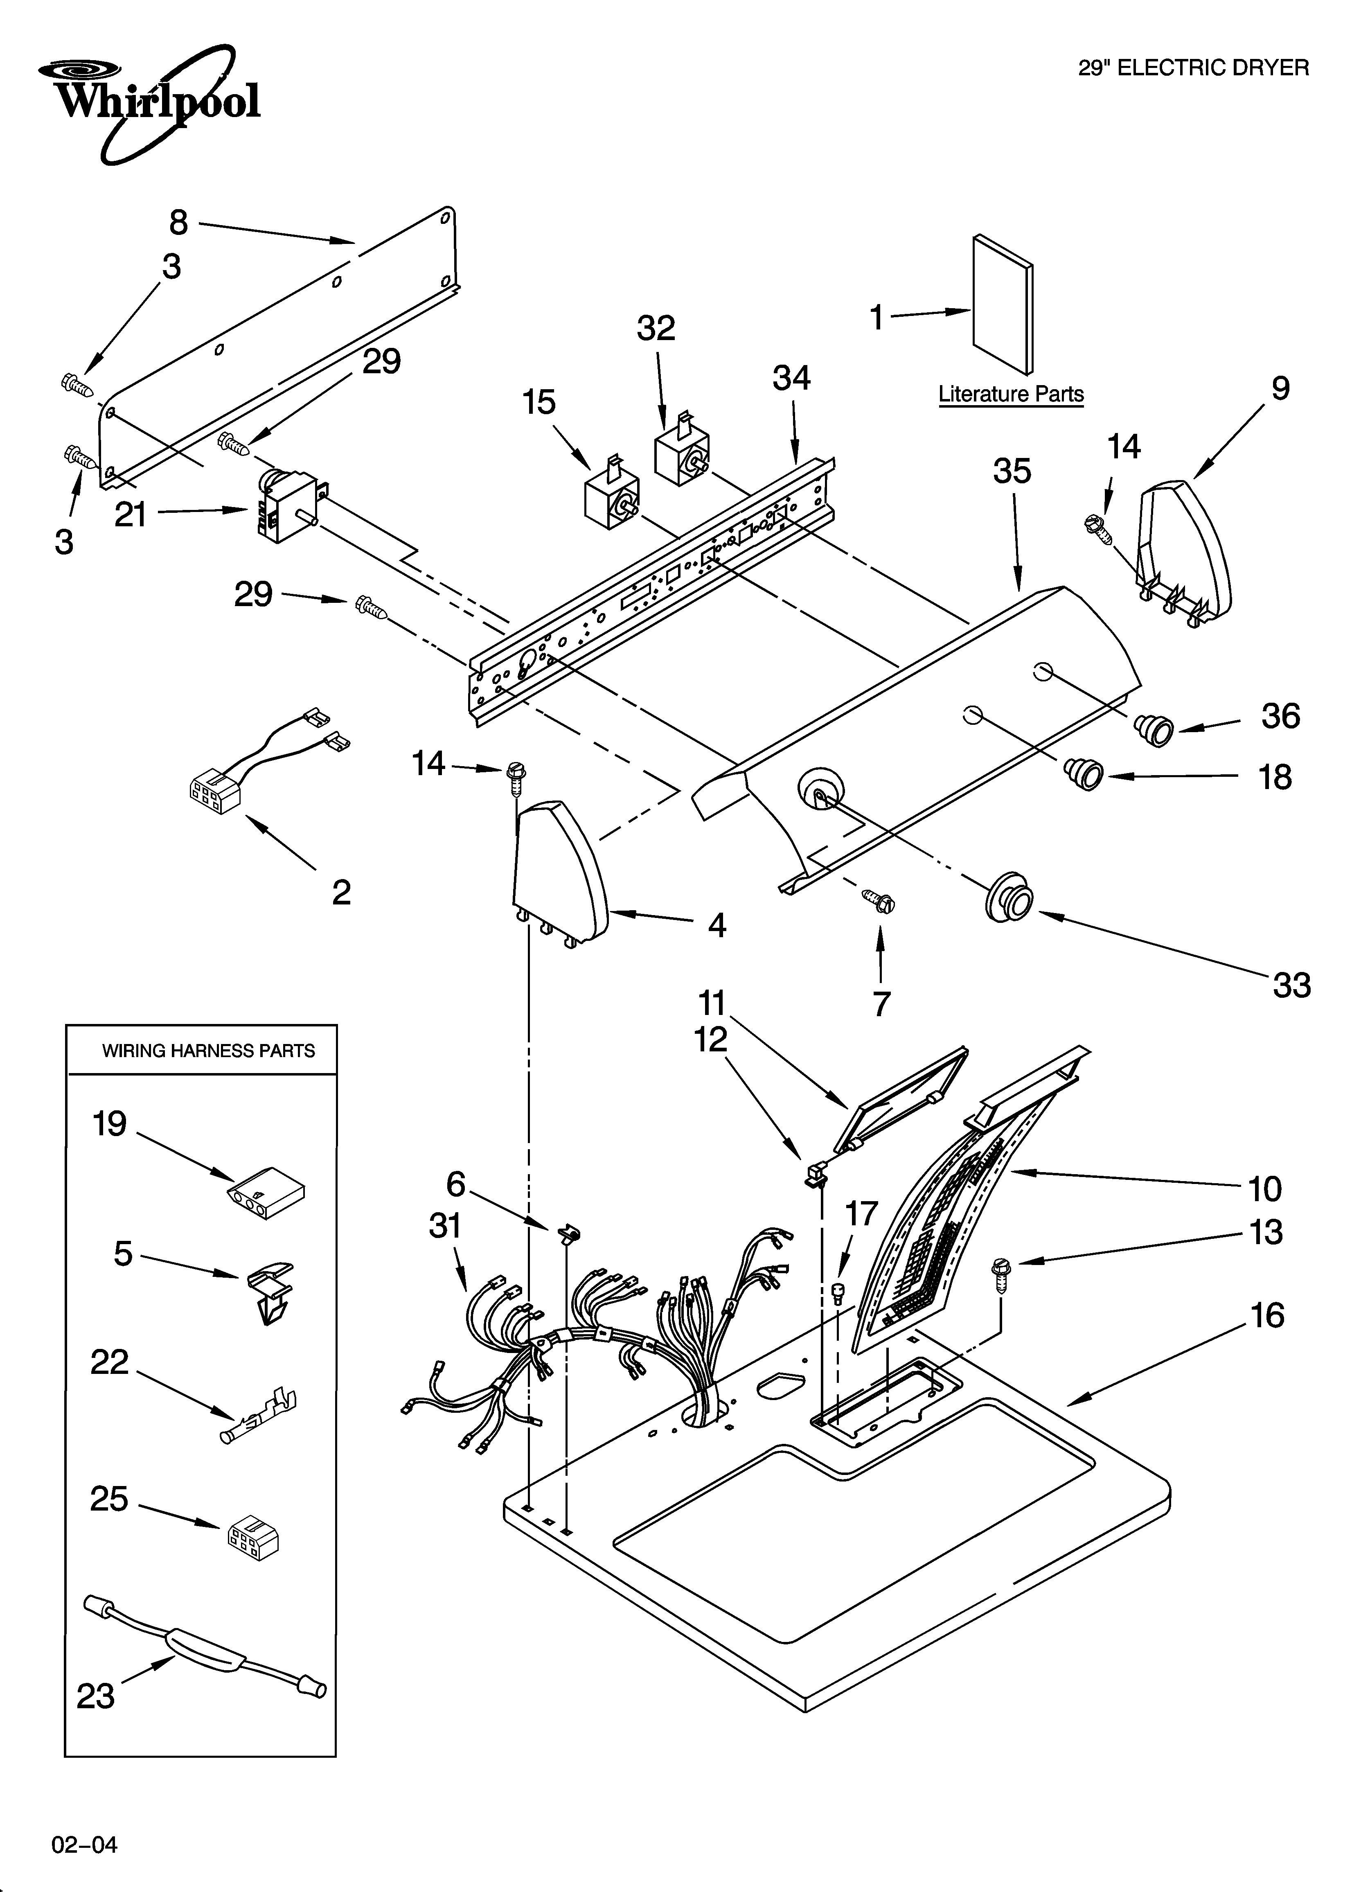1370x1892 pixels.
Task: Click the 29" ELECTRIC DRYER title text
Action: click(1193, 68)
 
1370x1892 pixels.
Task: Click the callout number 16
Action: click(1266, 1315)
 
